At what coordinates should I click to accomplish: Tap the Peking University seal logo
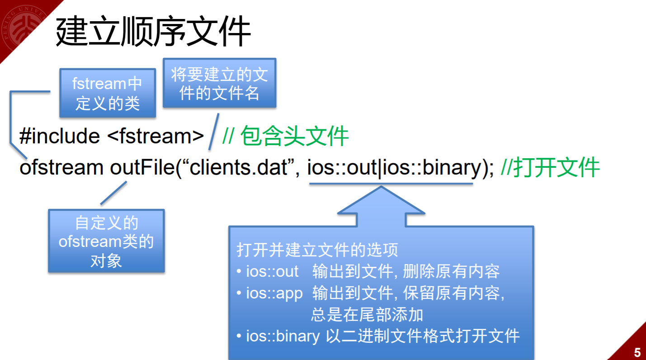point(23,25)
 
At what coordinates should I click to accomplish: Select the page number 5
point(637,352)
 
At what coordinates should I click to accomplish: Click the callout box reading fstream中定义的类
point(108,93)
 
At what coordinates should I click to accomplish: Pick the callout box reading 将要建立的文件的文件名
point(219,83)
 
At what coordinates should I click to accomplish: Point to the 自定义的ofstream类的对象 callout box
point(106,241)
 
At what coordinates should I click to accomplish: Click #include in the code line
point(60,136)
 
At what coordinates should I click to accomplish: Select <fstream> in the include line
point(156,136)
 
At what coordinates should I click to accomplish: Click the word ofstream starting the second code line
point(61,168)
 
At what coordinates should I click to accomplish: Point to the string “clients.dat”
point(240,168)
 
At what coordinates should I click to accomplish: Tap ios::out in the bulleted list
point(272,271)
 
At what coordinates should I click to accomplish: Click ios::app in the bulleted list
point(274,294)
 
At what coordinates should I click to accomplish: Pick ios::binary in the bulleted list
point(283,336)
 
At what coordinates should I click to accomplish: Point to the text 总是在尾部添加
point(367,315)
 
